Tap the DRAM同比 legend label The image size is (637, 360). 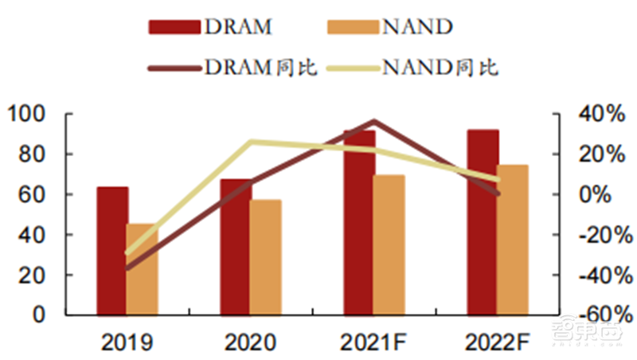(262, 68)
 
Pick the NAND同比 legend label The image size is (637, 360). (440, 68)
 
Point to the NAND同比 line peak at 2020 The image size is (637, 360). (251, 142)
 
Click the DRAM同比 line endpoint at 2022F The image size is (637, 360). (498, 193)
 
